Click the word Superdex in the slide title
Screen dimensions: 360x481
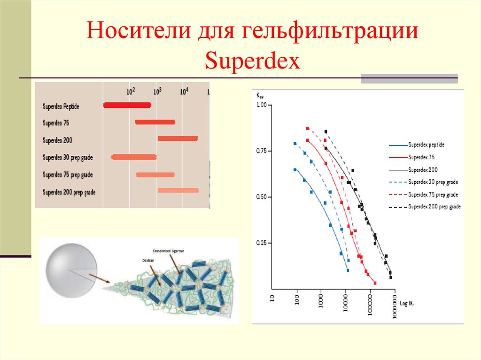[252, 61]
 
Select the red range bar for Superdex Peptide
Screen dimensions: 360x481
[127, 105]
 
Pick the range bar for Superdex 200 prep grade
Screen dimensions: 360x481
[178, 190]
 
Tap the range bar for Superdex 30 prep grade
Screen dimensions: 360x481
[133, 157]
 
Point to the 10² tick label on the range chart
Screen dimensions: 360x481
[131, 90]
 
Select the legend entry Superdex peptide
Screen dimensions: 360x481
[426, 145]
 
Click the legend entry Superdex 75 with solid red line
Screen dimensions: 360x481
[422, 157]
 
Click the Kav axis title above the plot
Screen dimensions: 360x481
[260, 95]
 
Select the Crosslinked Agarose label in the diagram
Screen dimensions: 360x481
[168, 251]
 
